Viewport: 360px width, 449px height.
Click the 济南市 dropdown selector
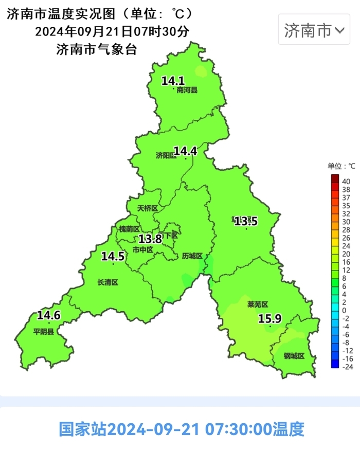point(314,31)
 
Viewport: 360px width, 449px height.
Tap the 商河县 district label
point(187,91)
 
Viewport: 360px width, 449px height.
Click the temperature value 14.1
point(173,81)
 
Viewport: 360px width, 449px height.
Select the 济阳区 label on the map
point(166,155)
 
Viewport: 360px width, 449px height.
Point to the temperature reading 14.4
point(185,151)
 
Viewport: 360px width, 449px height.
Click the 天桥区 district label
point(148,208)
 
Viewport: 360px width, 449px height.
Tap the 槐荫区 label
point(129,229)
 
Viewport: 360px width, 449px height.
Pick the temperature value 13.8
point(151,239)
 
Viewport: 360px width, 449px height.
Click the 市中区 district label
point(143,250)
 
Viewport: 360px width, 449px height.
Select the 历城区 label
point(192,256)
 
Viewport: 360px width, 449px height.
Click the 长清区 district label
point(108,282)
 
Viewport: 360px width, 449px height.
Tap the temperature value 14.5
point(113,256)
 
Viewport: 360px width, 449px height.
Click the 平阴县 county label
point(44,332)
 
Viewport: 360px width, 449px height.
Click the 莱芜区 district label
point(258,304)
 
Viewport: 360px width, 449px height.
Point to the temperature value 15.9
point(269,319)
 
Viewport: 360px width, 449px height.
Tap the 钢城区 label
point(294,356)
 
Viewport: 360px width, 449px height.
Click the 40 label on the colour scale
point(346,182)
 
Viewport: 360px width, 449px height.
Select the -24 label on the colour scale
point(347,367)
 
